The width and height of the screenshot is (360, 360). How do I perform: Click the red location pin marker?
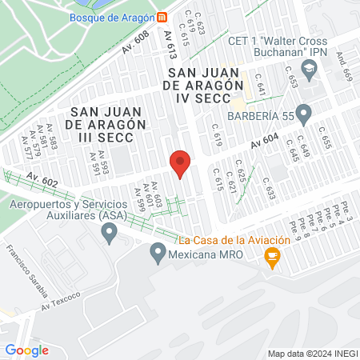(181, 162)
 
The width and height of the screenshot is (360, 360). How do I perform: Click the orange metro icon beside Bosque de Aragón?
(162, 17)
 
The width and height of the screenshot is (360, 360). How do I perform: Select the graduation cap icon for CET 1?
(311, 70)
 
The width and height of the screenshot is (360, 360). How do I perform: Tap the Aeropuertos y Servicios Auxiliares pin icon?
(110, 233)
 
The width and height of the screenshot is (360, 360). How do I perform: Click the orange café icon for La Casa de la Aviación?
(272, 256)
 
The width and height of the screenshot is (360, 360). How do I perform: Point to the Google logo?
(26, 350)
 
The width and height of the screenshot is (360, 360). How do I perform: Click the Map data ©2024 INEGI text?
(311, 353)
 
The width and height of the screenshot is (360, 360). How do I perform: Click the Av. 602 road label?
(42, 179)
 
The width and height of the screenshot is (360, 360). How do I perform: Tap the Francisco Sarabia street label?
(25, 266)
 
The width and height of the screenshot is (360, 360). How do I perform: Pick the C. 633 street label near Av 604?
(269, 189)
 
